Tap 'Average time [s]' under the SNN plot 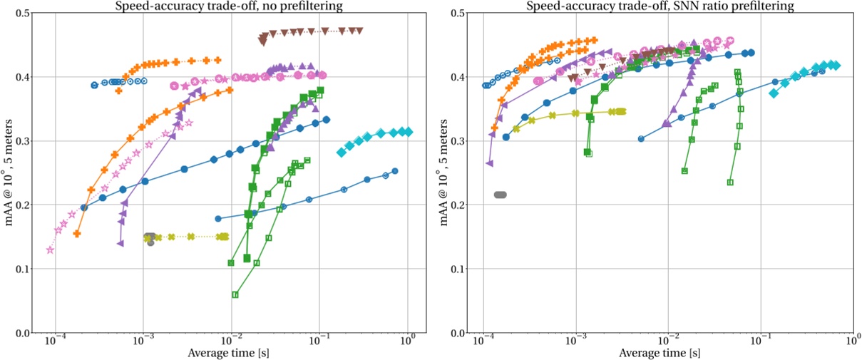(660, 353)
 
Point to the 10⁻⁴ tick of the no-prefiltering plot (56, 342)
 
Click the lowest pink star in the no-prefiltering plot (50, 250)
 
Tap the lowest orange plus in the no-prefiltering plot (77, 233)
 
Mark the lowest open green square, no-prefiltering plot (235, 294)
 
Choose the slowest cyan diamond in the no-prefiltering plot (409, 132)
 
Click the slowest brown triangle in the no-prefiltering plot (360, 31)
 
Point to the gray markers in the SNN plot (500, 195)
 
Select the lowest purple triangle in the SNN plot (489, 163)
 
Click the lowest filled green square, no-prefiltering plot (247, 258)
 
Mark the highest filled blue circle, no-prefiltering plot (326, 120)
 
